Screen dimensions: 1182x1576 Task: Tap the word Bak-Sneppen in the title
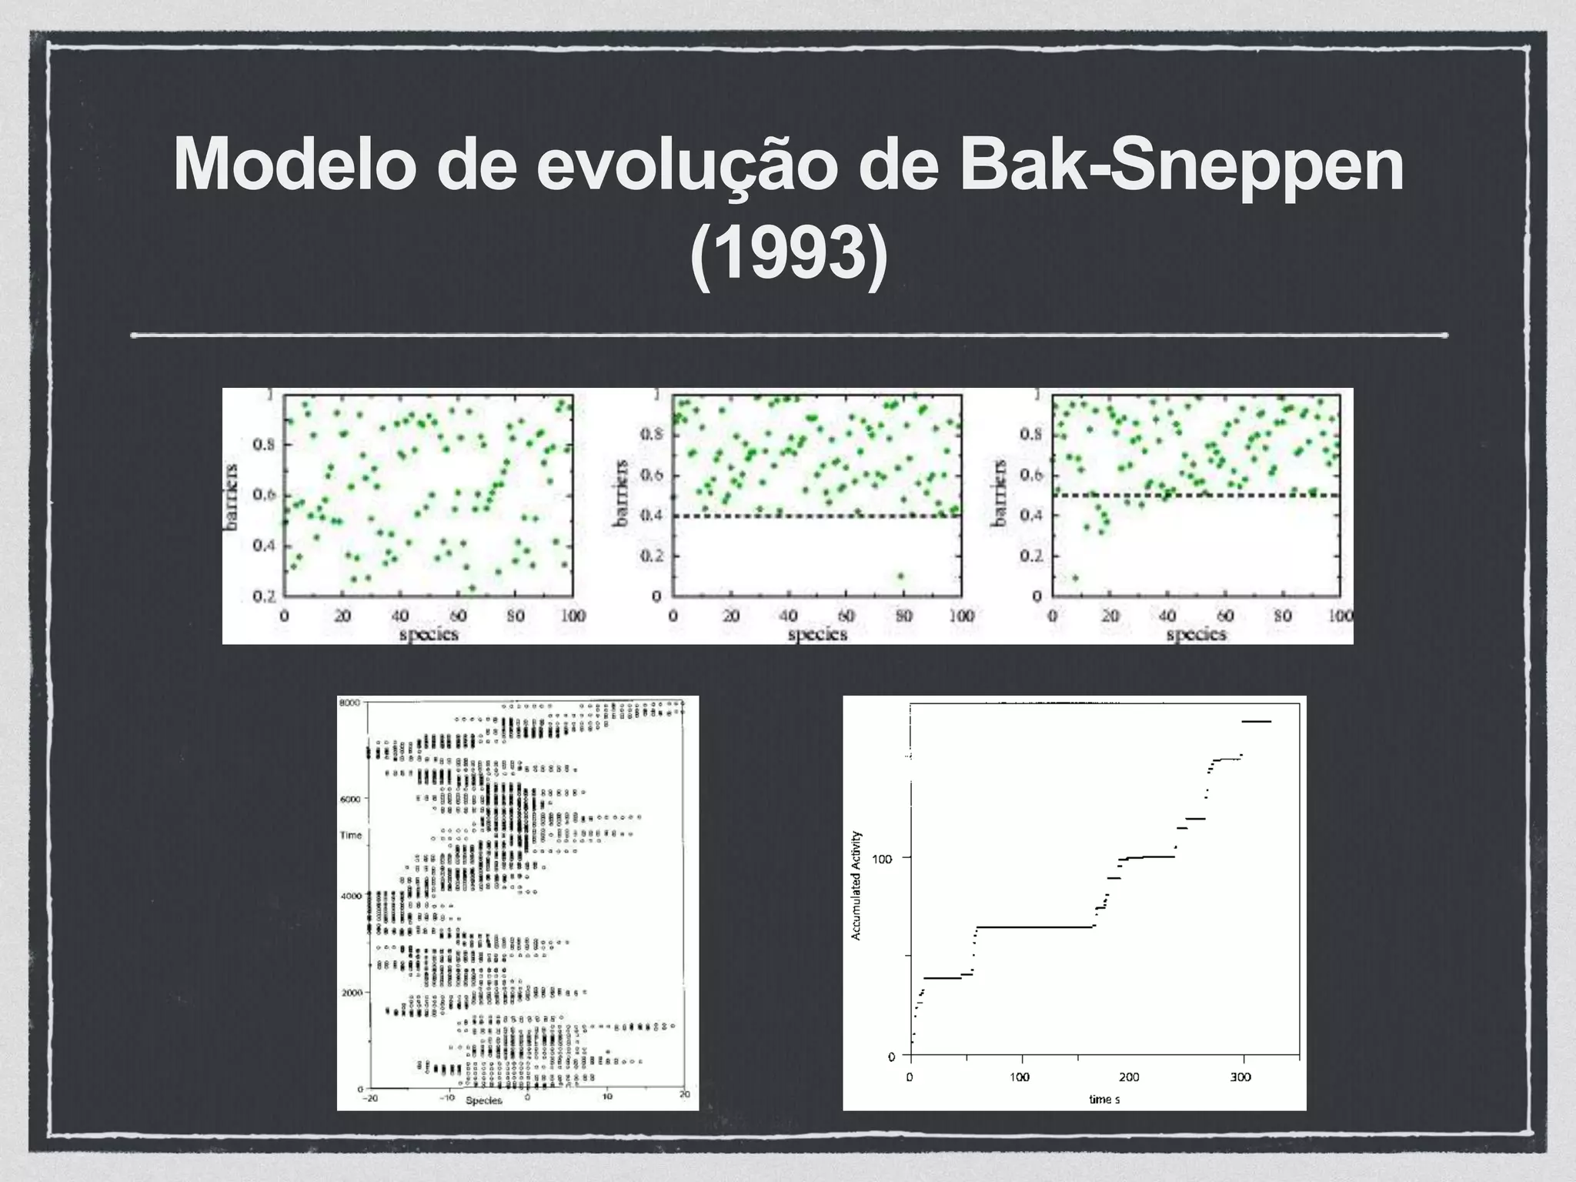(1181, 165)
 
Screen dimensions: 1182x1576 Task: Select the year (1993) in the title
(789, 254)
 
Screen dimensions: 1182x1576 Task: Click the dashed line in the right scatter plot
(1231, 496)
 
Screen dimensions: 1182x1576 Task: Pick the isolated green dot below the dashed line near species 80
(900, 576)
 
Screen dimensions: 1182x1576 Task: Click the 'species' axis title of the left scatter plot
(429, 634)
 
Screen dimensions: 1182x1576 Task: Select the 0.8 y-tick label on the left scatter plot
(263, 444)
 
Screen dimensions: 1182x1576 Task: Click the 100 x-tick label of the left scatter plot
(573, 615)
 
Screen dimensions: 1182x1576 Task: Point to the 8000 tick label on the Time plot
(350, 702)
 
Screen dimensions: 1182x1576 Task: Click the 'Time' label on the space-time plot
(350, 835)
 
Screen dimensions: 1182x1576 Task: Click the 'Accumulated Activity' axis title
(856, 885)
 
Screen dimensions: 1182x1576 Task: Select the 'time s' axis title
(1104, 1099)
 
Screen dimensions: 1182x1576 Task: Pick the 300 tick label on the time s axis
(1240, 1077)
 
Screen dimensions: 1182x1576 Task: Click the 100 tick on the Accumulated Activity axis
(886, 857)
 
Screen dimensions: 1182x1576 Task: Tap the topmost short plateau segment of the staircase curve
(1256, 721)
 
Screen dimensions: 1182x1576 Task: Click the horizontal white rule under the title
(789, 336)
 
